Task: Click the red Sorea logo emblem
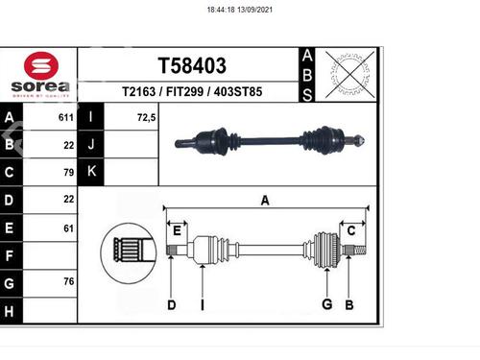tap(41, 65)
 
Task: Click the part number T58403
tap(192, 65)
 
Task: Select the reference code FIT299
tap(184, 92)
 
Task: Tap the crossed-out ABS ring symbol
tap(350, 75)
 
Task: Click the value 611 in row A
tap(66, 117)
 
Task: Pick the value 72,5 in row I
tap(147, 118)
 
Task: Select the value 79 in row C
tap(69, 173)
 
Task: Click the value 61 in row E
tap(69, 228)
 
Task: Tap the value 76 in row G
tap(69, 281)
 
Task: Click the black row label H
tap(10, 311)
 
